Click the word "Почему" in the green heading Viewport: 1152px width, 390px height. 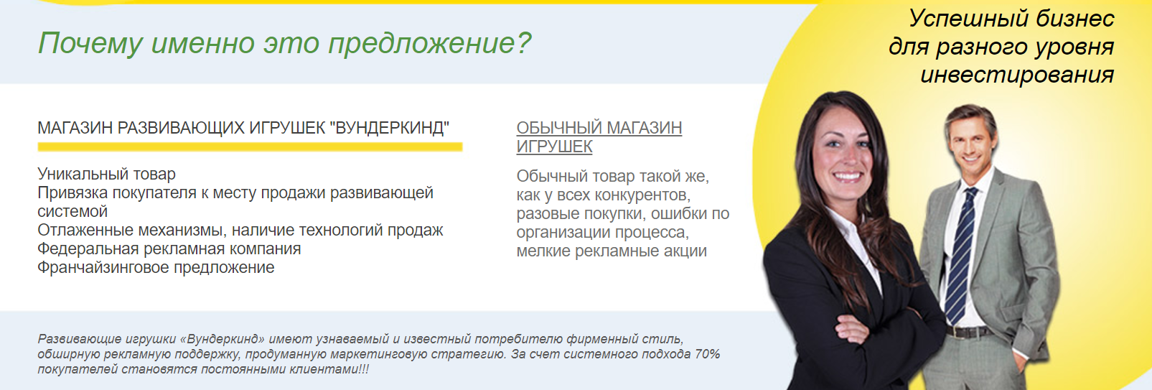point(90,43)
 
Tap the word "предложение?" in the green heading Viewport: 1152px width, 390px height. point(429,43)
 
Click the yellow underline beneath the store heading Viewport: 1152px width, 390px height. point(250,147)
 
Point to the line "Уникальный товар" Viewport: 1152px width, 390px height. point(106,174)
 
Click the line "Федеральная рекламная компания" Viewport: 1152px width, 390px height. point(169,249)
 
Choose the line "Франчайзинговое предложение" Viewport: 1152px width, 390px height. point(156,268)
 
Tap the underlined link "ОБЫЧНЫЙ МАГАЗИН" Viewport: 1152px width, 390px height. point(599,128)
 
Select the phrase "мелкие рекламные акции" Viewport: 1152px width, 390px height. point(612,251)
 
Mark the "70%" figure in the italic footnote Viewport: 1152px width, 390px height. point(707,354)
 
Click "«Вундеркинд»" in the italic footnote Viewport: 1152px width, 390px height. point(223,339)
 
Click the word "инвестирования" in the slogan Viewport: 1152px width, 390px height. point(1017,75)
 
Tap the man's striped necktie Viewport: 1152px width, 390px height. point(960,256)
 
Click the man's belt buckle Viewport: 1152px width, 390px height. point(955,333)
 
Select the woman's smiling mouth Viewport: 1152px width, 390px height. point(847,177)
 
